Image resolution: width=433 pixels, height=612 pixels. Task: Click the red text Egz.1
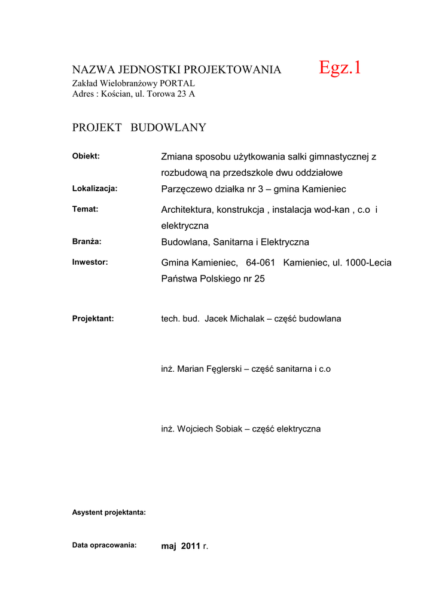pyautogui.click(x=340, y=68)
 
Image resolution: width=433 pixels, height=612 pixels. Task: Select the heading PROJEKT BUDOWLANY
pyautogui.click(x=139, y=127)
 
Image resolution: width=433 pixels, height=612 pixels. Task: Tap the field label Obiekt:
pyautogui.click(x=86, y=157)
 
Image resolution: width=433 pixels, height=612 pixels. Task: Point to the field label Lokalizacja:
pyautogui.click(x=94, y=188)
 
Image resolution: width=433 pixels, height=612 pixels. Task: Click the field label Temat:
pyautogui.click(x=85, y=209)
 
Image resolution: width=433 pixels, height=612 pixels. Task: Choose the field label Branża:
pyautogui.click(x=87, y=241)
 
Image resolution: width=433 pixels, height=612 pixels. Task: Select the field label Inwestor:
pyautogui.click(x=90, y=262)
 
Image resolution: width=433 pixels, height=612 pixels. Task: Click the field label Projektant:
pyautogui.click(x=93, y=319)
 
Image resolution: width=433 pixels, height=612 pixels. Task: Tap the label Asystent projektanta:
pyautogui.click(x=109, y=512)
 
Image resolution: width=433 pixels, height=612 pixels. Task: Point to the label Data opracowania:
pyautogui.click(x=104, y=545)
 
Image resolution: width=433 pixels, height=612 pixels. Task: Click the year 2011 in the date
pyautogui.click(x=190, y=546)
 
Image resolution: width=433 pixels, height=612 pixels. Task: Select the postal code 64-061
pyautogui.click(x=260, y=262)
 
